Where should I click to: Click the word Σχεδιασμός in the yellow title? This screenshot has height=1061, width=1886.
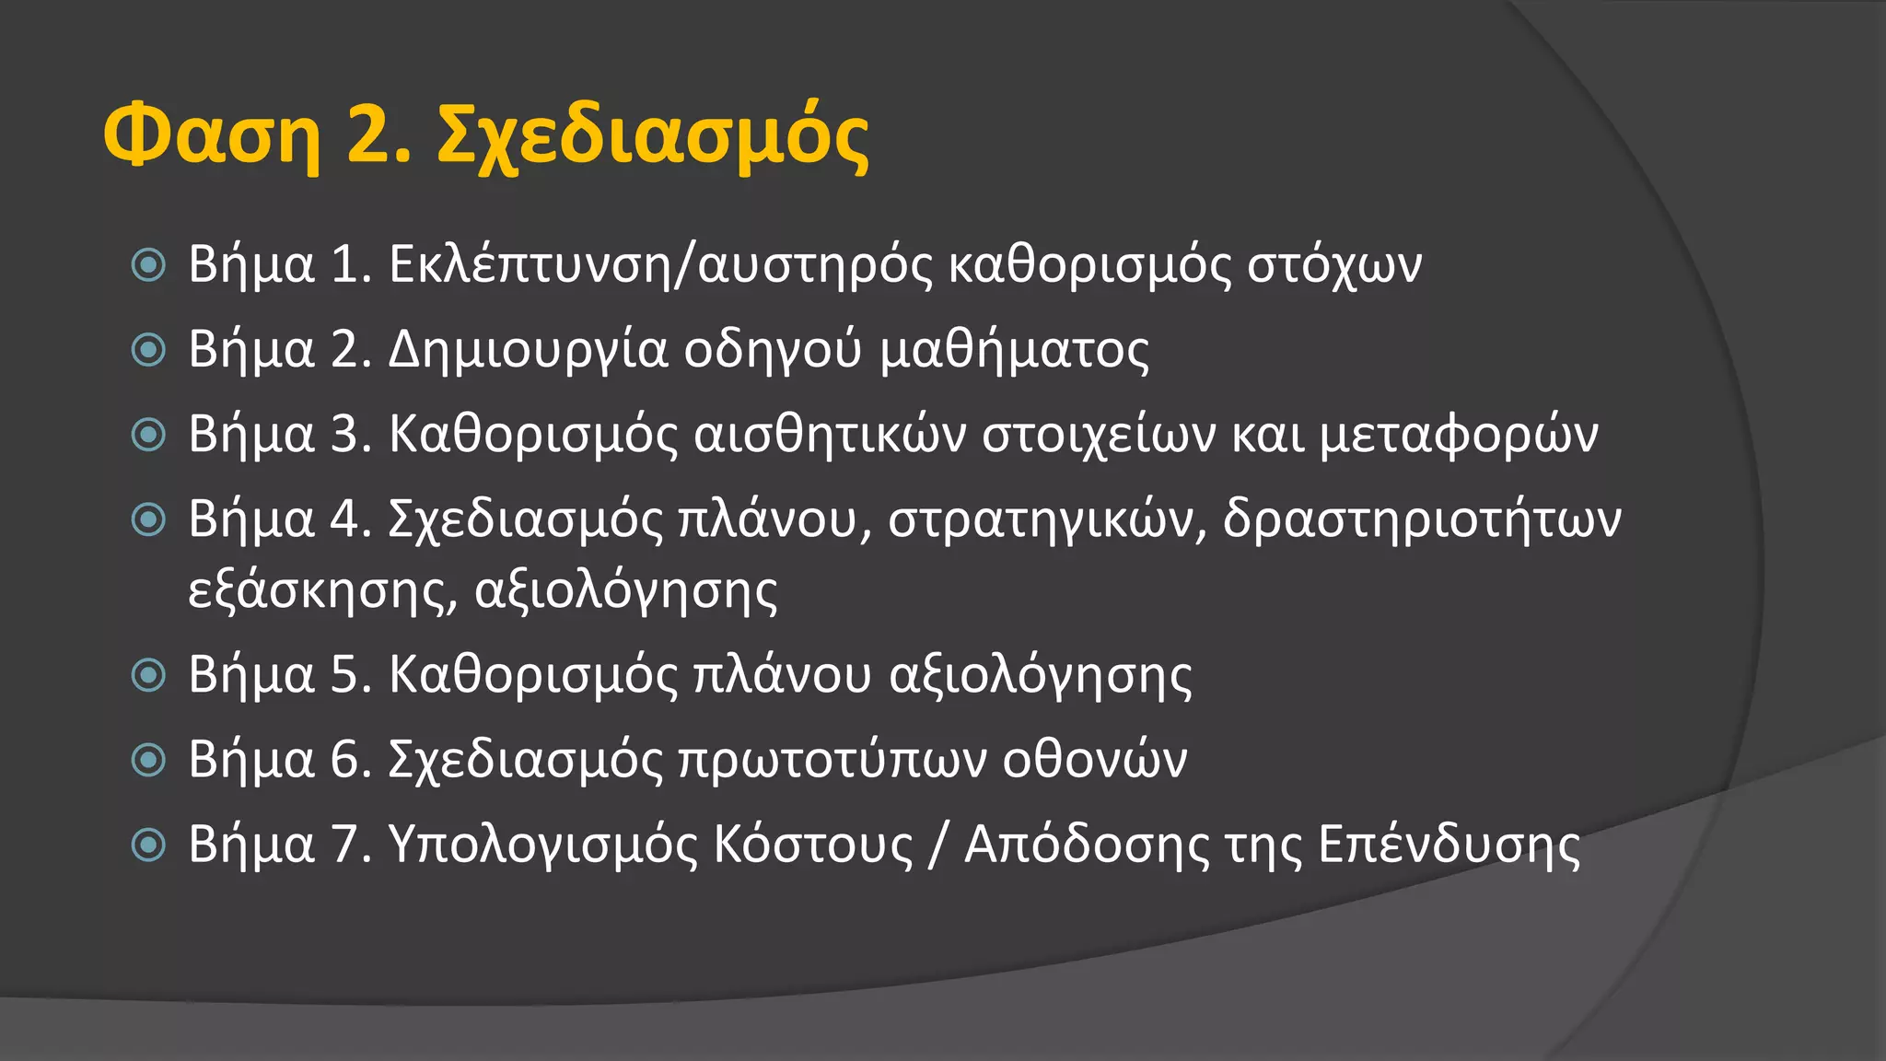653,138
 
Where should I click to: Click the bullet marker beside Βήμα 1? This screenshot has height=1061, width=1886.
148,265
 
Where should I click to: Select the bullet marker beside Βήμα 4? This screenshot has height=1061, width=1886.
148,519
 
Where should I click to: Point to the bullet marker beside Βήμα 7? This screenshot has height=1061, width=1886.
148,845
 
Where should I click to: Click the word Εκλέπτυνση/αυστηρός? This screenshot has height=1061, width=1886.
661,265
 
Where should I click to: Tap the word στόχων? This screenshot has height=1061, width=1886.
1334,265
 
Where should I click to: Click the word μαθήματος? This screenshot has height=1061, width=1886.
1014,350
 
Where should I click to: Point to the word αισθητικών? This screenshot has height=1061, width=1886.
830,435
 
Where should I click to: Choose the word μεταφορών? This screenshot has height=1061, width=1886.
1459,435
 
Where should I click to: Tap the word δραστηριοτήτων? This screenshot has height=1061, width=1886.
1422,520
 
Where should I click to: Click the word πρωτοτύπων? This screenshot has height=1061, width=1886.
832,760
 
